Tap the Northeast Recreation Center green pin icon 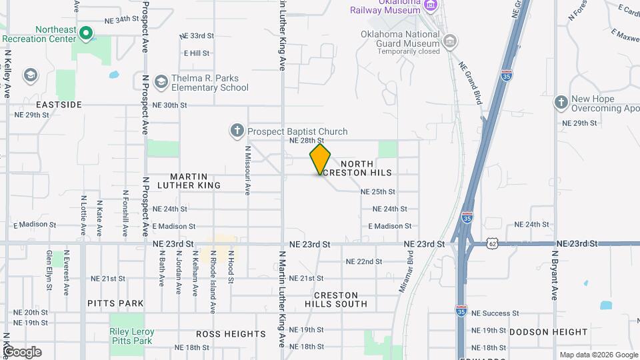(85, 33)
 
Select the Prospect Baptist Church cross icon (237, 131)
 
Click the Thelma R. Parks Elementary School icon (161, 82)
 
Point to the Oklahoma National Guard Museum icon (450, 42)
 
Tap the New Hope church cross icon (561, 103)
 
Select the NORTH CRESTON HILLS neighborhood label (365, 168)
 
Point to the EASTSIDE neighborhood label (59, 105)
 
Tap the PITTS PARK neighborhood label (115, 303)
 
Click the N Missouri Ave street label (247, 171)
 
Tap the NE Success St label (495, 313)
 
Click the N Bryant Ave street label (553, 275)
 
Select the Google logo (22, 351)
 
